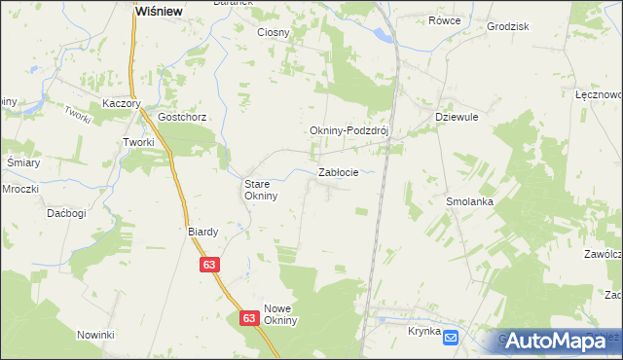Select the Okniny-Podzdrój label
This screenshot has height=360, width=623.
pyautogui.click(x=348, y=132)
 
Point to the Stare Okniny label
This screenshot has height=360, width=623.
pyautogui.click(x=261, y=189)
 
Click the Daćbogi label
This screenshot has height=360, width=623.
pyautogui.click(x=66, y=212)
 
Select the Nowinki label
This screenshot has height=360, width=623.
pyautogui.click(x=96, y=335)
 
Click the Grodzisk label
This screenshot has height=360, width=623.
pyautogui.click(x=506, y=26)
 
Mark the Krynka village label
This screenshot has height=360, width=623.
pyautogui.click(x=423, y=331)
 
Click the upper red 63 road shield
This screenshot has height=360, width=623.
pyautogui.click(x=210, y=264)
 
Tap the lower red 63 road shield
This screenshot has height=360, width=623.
pyautogui.click(x=248, y=318)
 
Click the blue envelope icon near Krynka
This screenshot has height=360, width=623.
pyautogui.click(x=451, y=337)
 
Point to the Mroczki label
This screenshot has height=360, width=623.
pyautogui.click(x=19, y=188)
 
